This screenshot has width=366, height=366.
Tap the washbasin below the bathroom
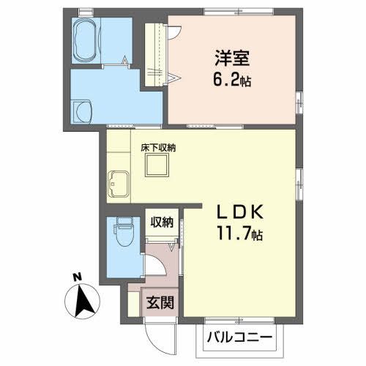pos(83,111)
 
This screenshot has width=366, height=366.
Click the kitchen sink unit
pos(118,182)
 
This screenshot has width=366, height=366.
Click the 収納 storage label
pos(162,223)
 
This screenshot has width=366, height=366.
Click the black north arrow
pos(85,300)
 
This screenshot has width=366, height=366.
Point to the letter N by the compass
pos(77,277)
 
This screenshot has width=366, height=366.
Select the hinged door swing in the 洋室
pos(174,29)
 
